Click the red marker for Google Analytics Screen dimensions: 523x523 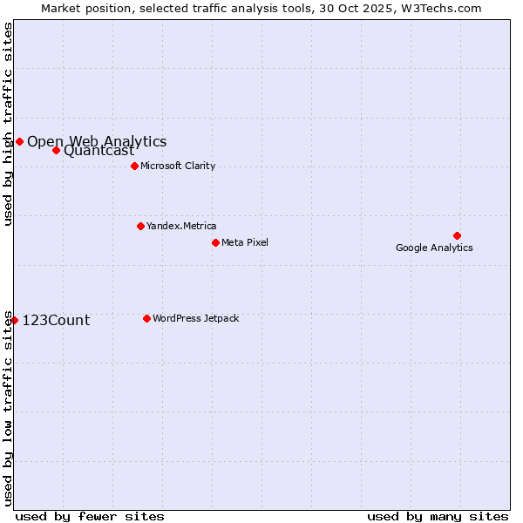tap(457, 235)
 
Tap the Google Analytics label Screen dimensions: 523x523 tap(434, 248)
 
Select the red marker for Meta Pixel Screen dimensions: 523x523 tap(215, 242)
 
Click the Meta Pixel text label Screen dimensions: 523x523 tap(245, 242)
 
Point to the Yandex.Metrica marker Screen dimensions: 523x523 tap(140, 226)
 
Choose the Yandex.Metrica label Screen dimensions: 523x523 tap(181, 226)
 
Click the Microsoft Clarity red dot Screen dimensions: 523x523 tap(134, 166)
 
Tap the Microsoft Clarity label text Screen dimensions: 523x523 tap(178, 166)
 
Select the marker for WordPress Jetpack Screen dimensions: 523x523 tap(146, 318)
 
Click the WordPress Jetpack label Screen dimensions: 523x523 tap(195, 318)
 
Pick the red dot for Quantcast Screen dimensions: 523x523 tap(56, 150)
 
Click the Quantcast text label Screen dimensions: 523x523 tap(99, 151)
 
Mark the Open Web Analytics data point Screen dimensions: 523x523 tap(19, 141)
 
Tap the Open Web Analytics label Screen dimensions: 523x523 tap(97, 141)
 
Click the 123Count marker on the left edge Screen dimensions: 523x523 tap(14, 320)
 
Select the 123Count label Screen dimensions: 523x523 tap(56, 320)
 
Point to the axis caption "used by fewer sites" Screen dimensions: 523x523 tap(90, 516)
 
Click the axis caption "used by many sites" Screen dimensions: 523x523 tap(438, 516)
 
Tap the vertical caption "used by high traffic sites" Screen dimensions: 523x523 tap(8, 124)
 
